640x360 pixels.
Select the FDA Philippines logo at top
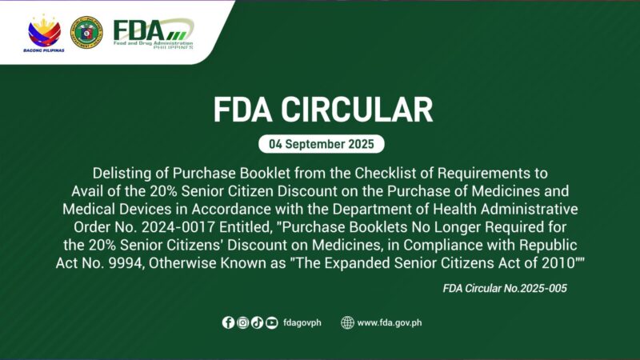(153, 32)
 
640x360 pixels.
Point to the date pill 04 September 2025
(320, 145)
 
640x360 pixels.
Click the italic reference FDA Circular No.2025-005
(504, 288)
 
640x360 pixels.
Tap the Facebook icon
(229, 323)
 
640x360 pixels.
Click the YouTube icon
(271, 323)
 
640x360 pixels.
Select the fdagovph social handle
(302, 323)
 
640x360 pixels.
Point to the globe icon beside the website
(347, 323)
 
